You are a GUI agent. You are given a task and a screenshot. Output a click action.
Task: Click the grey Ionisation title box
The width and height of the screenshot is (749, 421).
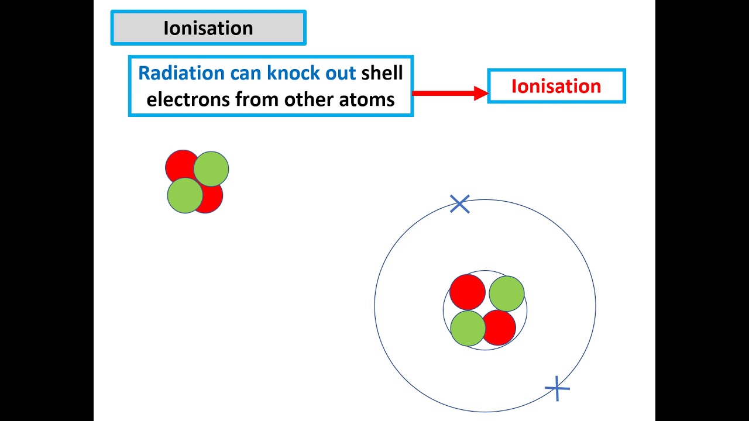point(208,28)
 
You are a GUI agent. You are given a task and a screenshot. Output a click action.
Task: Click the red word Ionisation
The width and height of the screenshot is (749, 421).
point(556,87)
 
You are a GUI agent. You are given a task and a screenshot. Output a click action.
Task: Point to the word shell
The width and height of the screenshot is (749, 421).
point(382,73)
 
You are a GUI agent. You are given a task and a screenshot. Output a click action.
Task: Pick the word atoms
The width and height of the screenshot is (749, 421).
point(367,99)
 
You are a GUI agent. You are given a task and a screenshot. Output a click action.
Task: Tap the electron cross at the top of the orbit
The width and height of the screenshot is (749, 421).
point(460,204)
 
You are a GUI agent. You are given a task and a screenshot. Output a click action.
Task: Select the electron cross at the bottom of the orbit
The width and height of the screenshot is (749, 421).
point(557,388)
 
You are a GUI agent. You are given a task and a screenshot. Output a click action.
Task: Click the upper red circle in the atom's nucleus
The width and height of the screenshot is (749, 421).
point(467,291)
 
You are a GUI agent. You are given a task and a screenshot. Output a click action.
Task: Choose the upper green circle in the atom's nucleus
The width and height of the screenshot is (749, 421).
point(507,294)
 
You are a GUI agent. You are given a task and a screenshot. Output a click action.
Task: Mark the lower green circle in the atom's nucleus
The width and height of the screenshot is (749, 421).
point(468,328)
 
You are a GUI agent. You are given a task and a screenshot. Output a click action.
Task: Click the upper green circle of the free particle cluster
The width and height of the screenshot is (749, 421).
point(211,168)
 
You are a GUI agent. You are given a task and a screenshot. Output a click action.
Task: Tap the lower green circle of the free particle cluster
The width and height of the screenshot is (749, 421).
point(185,195)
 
